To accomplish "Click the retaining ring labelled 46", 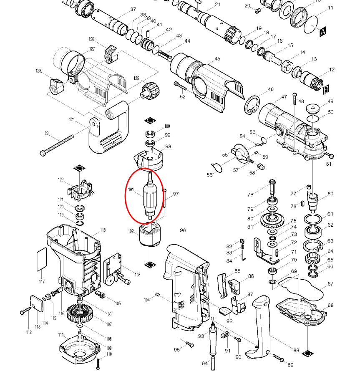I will [x=253, y=105].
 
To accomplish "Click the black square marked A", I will [x=323, y=31].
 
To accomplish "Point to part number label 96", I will [x=182, y=230].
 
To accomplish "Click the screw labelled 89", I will [x=278, y=357].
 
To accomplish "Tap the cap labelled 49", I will [x=313, y=109].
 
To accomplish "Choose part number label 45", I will [x=217, y=59].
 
